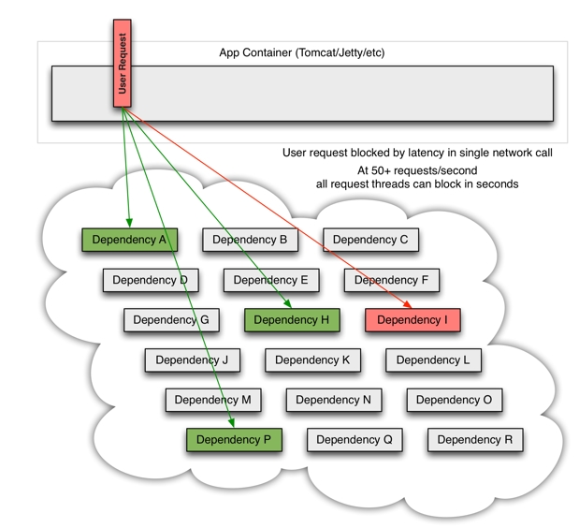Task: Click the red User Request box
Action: (122, 63)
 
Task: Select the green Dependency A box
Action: (129, 240)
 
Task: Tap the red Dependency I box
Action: (413, 320)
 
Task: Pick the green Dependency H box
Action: (291, 320)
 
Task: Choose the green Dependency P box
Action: (234, 440)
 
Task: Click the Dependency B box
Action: (250, 240)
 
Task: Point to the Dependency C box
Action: (370, 240)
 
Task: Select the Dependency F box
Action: (391, 280)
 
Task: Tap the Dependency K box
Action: (312, 360)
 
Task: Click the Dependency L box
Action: (433, 360)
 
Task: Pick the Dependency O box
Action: (454, 400)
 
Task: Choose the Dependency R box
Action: (474, 440)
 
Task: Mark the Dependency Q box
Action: (355, 440)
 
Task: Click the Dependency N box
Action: (333, 400)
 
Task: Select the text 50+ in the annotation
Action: (384, 170)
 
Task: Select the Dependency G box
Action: (171, 320)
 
